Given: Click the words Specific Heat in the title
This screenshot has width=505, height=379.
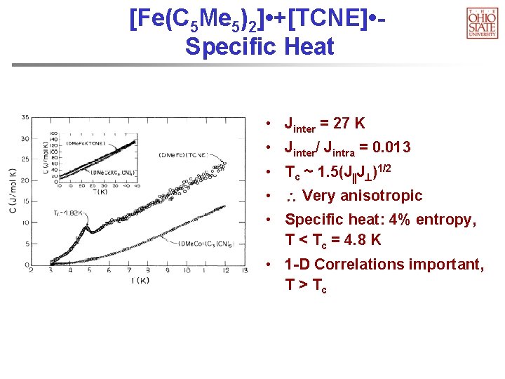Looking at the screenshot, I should tap(260, 46).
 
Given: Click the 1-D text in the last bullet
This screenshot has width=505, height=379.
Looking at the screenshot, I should tap(299, 265).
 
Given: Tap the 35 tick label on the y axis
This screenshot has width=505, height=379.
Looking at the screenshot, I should tap(25, 117).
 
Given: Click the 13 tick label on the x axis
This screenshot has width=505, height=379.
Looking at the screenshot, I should tap(244, 271).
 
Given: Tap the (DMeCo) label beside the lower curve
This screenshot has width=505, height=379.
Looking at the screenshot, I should tap(198, 243).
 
